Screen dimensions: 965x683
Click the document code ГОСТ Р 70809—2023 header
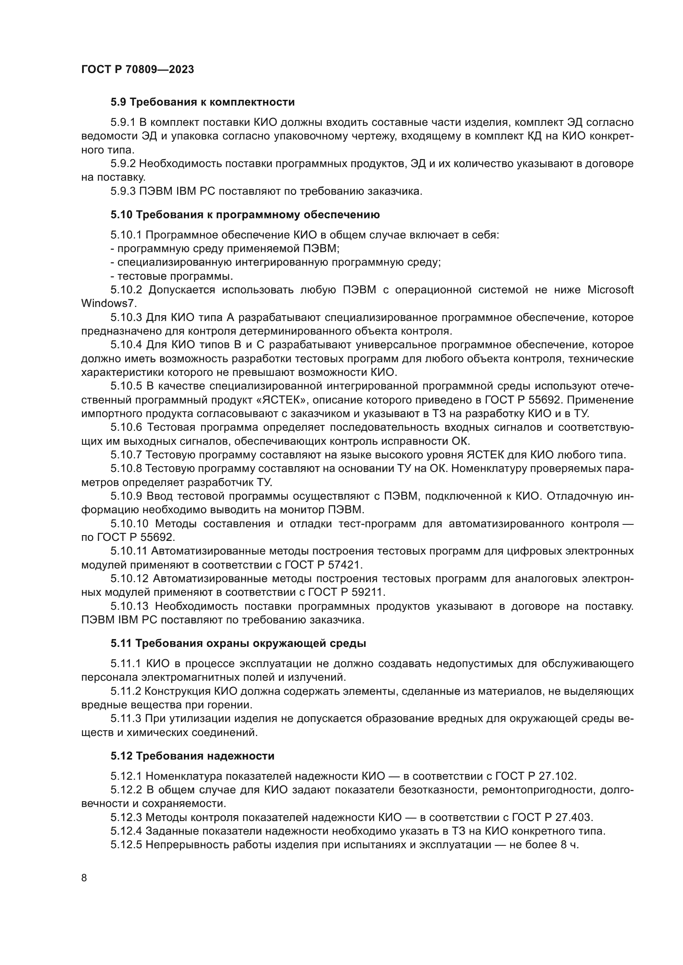tap(138, 69)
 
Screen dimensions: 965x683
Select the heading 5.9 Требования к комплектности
tap(202, 102)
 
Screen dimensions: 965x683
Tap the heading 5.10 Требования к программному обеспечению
tap(245, 215)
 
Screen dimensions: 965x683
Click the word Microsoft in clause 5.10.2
tap(610, 290)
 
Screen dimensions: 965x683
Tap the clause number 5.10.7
tap(127, 455)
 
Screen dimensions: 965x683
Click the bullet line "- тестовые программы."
tap(172, 276)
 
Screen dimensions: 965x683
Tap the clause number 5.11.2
tap(124, 691)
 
